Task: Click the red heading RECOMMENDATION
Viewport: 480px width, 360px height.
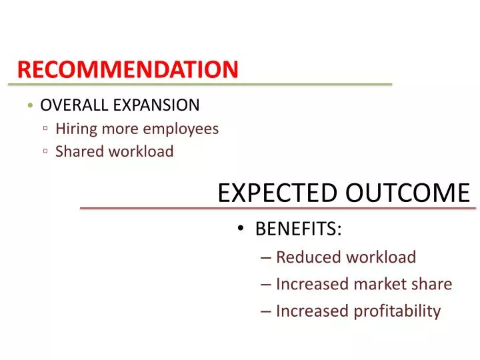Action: pyautogui.click(x=127, y=69)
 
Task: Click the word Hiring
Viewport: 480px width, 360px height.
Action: pyautogui.click(x=76, y=128)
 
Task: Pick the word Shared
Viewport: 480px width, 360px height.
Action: pyautogui.click(x=78, y=151)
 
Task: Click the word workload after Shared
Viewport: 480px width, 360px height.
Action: pyautogui.click(x=141, y=151)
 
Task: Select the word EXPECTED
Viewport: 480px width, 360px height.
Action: pyautogui.click(x=277, y=193)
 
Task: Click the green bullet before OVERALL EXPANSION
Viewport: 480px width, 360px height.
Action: pyautogui.click(x=31, y=105)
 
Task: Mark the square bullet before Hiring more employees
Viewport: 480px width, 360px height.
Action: pyautogui.click(x=45, y=129)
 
